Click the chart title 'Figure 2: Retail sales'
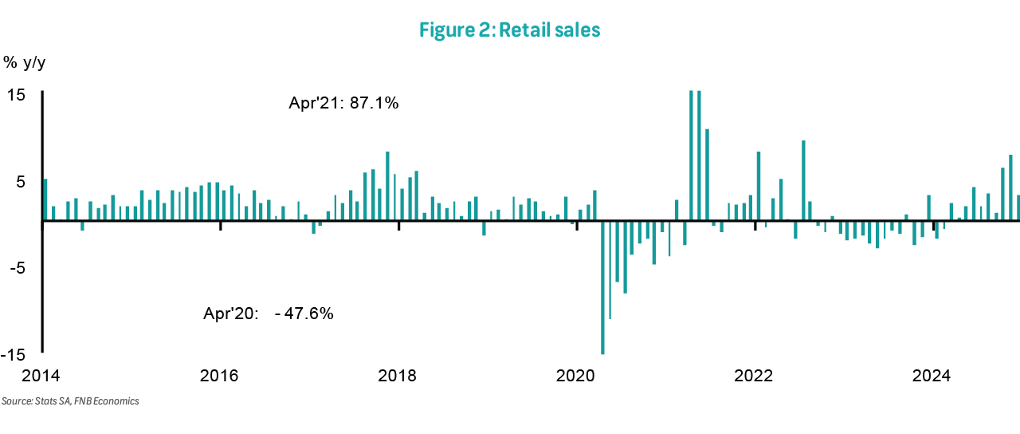click(x=509, y=30)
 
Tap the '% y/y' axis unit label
click(x=24, y=62)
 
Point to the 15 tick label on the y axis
click(x=17, y=95)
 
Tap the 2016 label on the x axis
click(x=220, y=376)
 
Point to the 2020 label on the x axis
click(x=576, y=376)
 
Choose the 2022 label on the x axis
click(x=755, y=376)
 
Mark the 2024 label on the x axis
click(x=933, y=376)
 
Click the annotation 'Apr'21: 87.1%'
click(x=343, y=104)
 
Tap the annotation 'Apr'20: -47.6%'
click(x=269, y=314)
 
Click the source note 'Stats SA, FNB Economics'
click(x=70, y=401)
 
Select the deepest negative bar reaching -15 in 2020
click(x=602, y=287)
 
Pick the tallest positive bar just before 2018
click(x=387, y=186)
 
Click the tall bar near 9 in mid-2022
click(x=803, y=180)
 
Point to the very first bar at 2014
click(x=45, y=199)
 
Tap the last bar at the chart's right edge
click(x=1018, y=207)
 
